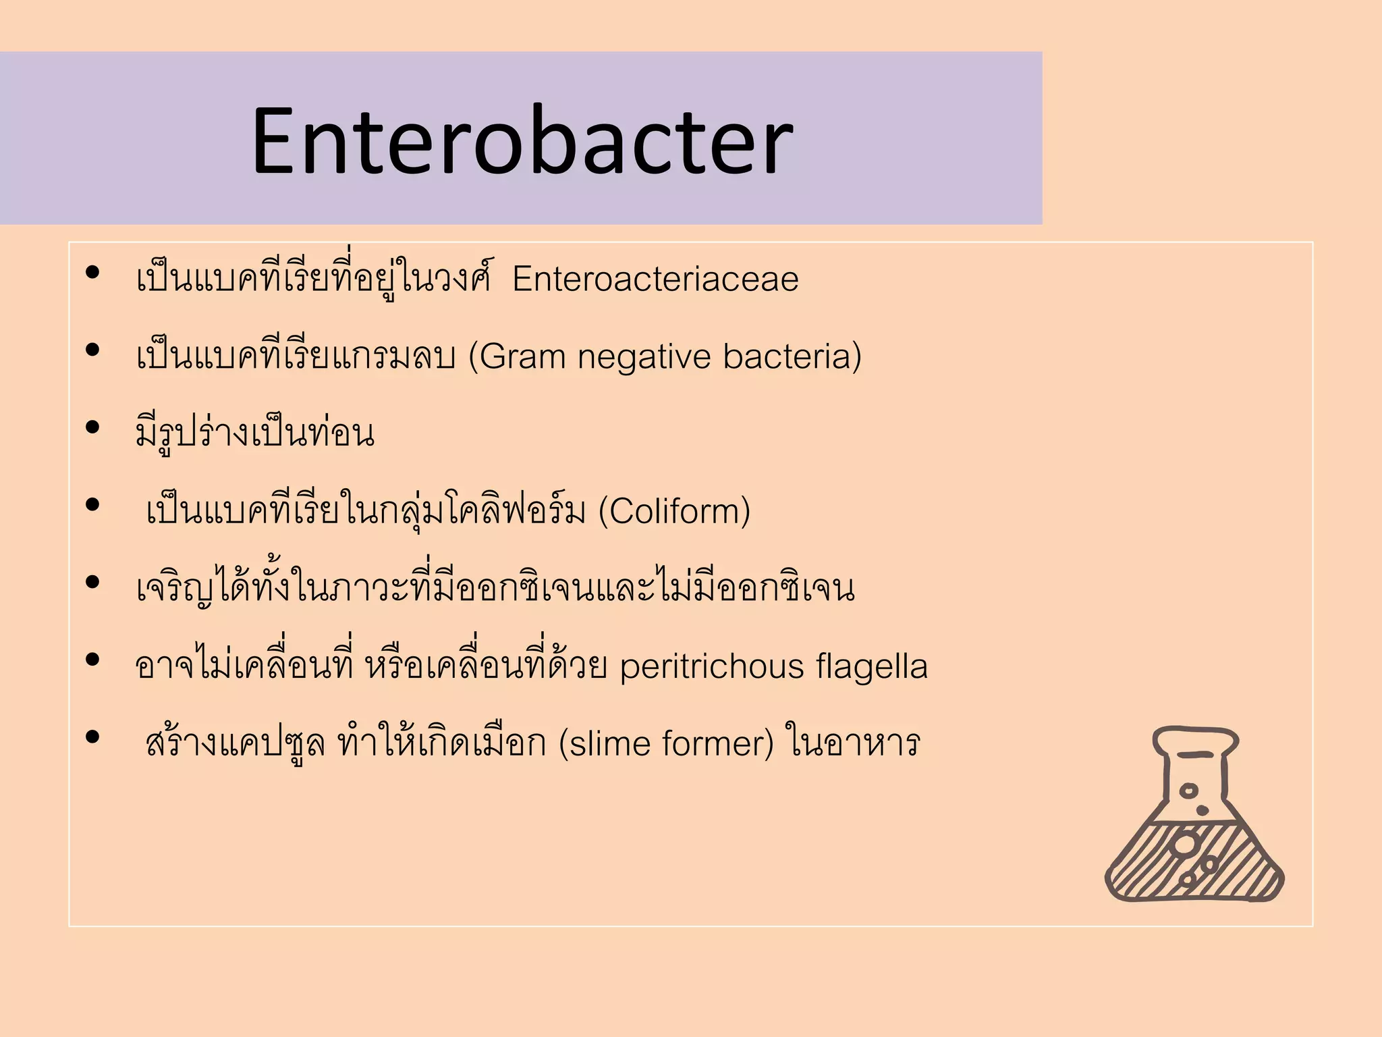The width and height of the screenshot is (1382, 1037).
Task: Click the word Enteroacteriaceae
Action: [655, 279]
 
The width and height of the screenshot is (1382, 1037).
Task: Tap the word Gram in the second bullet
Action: [522, 356]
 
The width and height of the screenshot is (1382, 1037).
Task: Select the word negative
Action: [644, 356]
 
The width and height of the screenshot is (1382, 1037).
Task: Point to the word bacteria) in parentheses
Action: [792, 356]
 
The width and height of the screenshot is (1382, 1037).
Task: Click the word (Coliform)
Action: [674, 511]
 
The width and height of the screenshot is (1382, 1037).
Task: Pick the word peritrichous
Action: [712, 666]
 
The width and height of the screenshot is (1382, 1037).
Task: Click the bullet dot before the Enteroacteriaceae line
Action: [93, 273]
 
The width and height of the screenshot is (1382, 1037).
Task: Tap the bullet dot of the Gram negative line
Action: [93, 350]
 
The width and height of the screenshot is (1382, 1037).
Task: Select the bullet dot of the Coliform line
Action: [93, 505]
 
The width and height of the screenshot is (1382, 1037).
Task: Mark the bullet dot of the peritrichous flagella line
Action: [93, 660]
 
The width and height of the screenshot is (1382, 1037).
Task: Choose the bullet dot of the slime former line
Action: [93, 737]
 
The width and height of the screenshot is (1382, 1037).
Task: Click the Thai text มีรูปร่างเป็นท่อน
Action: [255, 433]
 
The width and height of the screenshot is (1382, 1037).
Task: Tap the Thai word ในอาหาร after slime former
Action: [853, 743]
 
